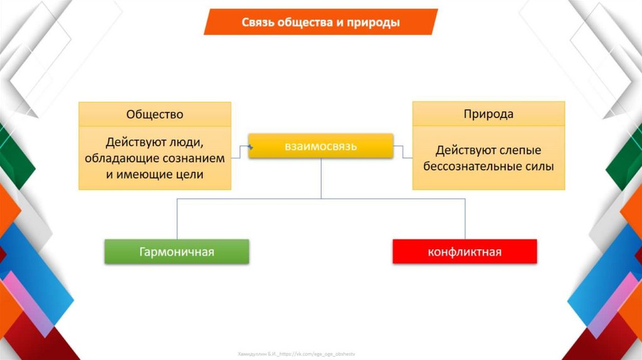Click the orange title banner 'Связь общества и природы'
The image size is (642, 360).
[x=320, y=23]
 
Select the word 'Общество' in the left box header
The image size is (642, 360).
[x=155, y=114]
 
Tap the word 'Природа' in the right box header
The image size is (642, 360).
[x=488, y=114]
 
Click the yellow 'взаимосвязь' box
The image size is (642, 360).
[x=321, y=147]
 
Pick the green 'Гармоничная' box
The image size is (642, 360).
[x=176, y=252]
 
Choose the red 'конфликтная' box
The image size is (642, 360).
[x=465, y=252]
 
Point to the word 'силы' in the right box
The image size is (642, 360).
[x=540, y=167]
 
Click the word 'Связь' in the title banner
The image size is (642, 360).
[x=258, y=23]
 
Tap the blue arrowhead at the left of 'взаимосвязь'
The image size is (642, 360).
[x=250, y=147]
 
